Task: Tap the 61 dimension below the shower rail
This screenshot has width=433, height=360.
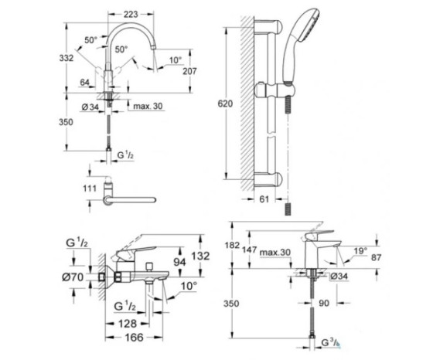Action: pos(261,199)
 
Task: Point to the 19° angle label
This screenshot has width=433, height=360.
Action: pos(360,252)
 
